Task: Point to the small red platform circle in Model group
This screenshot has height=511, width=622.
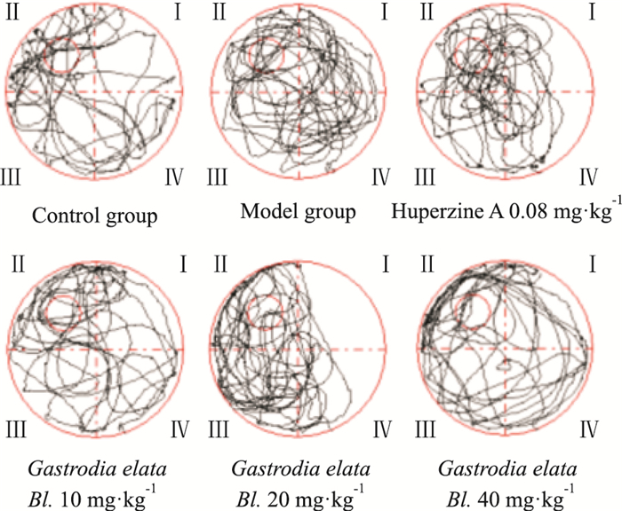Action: pyautogui.click(x=267, y=54)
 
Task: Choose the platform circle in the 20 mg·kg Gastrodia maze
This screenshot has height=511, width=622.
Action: pyautogui.click(x=265, y=312)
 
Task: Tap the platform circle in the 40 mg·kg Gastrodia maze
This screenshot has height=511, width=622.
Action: pyautogui.click(x=470, y=311)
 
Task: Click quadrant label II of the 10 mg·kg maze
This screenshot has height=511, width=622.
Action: pyautogui.click(x=17, y=263)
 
